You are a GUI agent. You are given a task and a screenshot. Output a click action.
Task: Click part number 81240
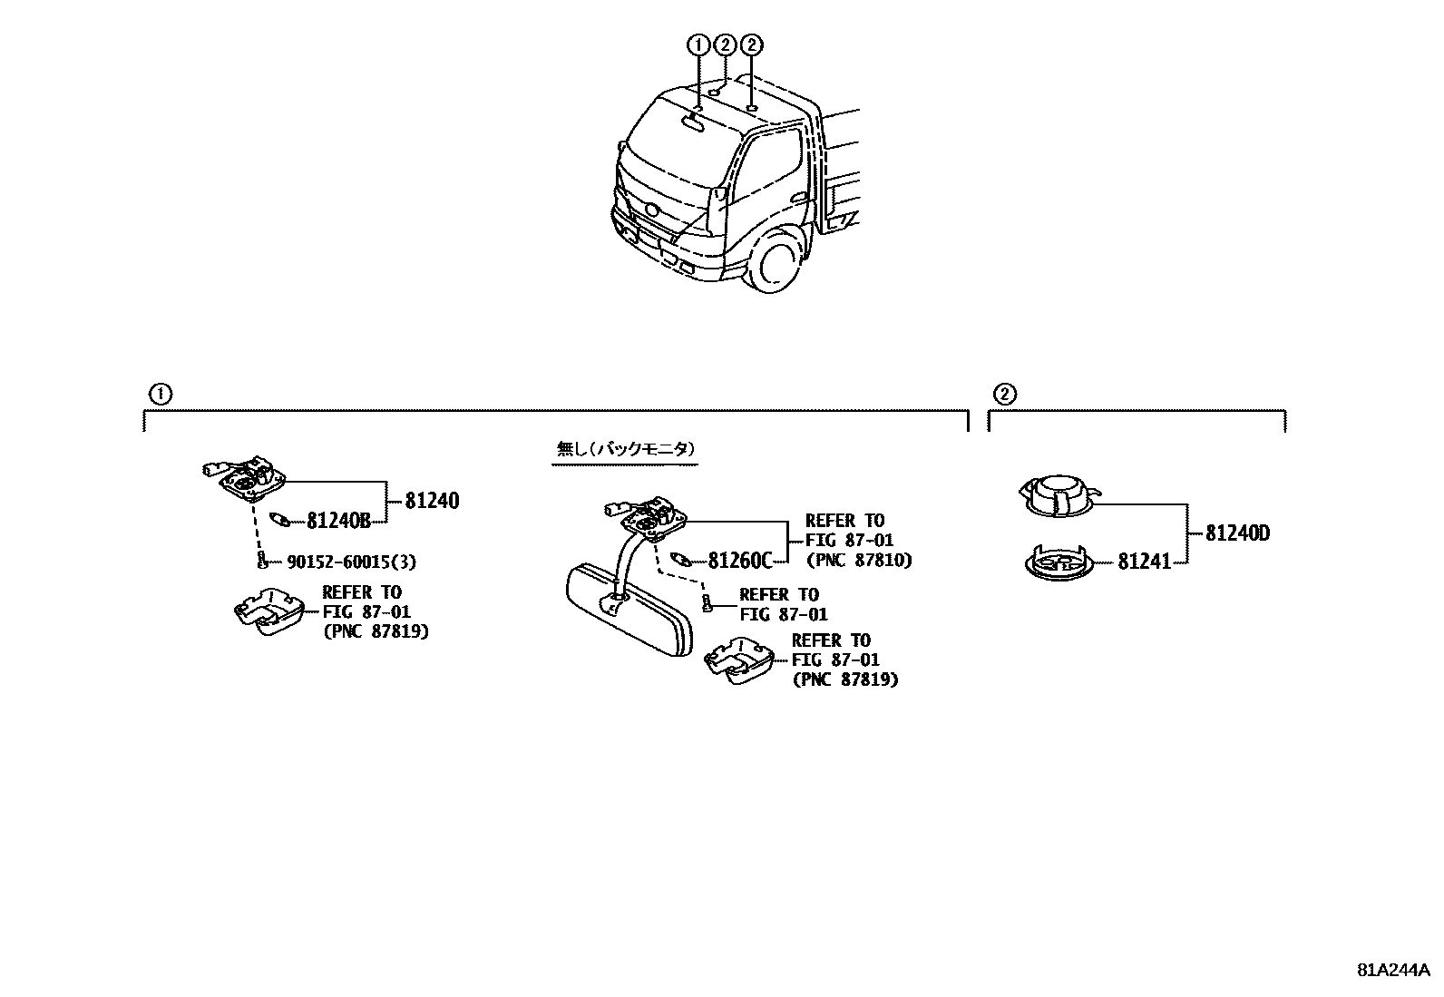coord(432,500)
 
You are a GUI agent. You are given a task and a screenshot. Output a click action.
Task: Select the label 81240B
coord(338,521)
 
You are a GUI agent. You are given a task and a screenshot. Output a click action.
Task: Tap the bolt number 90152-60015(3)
coord(351,562)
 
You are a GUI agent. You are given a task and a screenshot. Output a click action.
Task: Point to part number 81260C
coord(739,561)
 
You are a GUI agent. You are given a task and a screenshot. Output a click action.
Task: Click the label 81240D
coord(1237,533)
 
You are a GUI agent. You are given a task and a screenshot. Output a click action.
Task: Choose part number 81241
coord(1145,562)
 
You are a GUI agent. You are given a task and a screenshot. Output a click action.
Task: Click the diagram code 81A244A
coord(1392,969)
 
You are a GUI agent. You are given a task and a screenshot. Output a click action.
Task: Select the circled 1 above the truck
coord(698,44)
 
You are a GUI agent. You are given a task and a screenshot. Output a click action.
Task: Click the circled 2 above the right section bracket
coord(1004,394)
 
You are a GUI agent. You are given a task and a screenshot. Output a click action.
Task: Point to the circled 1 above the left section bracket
coord(159,394)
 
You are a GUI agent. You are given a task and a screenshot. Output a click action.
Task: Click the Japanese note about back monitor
coord(625,449)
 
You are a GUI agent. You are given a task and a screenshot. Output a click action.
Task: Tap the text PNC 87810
coord(858,561)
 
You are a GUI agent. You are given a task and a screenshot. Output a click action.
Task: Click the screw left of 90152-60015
coord(262,560)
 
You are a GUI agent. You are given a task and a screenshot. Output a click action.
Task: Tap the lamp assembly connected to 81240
coord(246,479)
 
